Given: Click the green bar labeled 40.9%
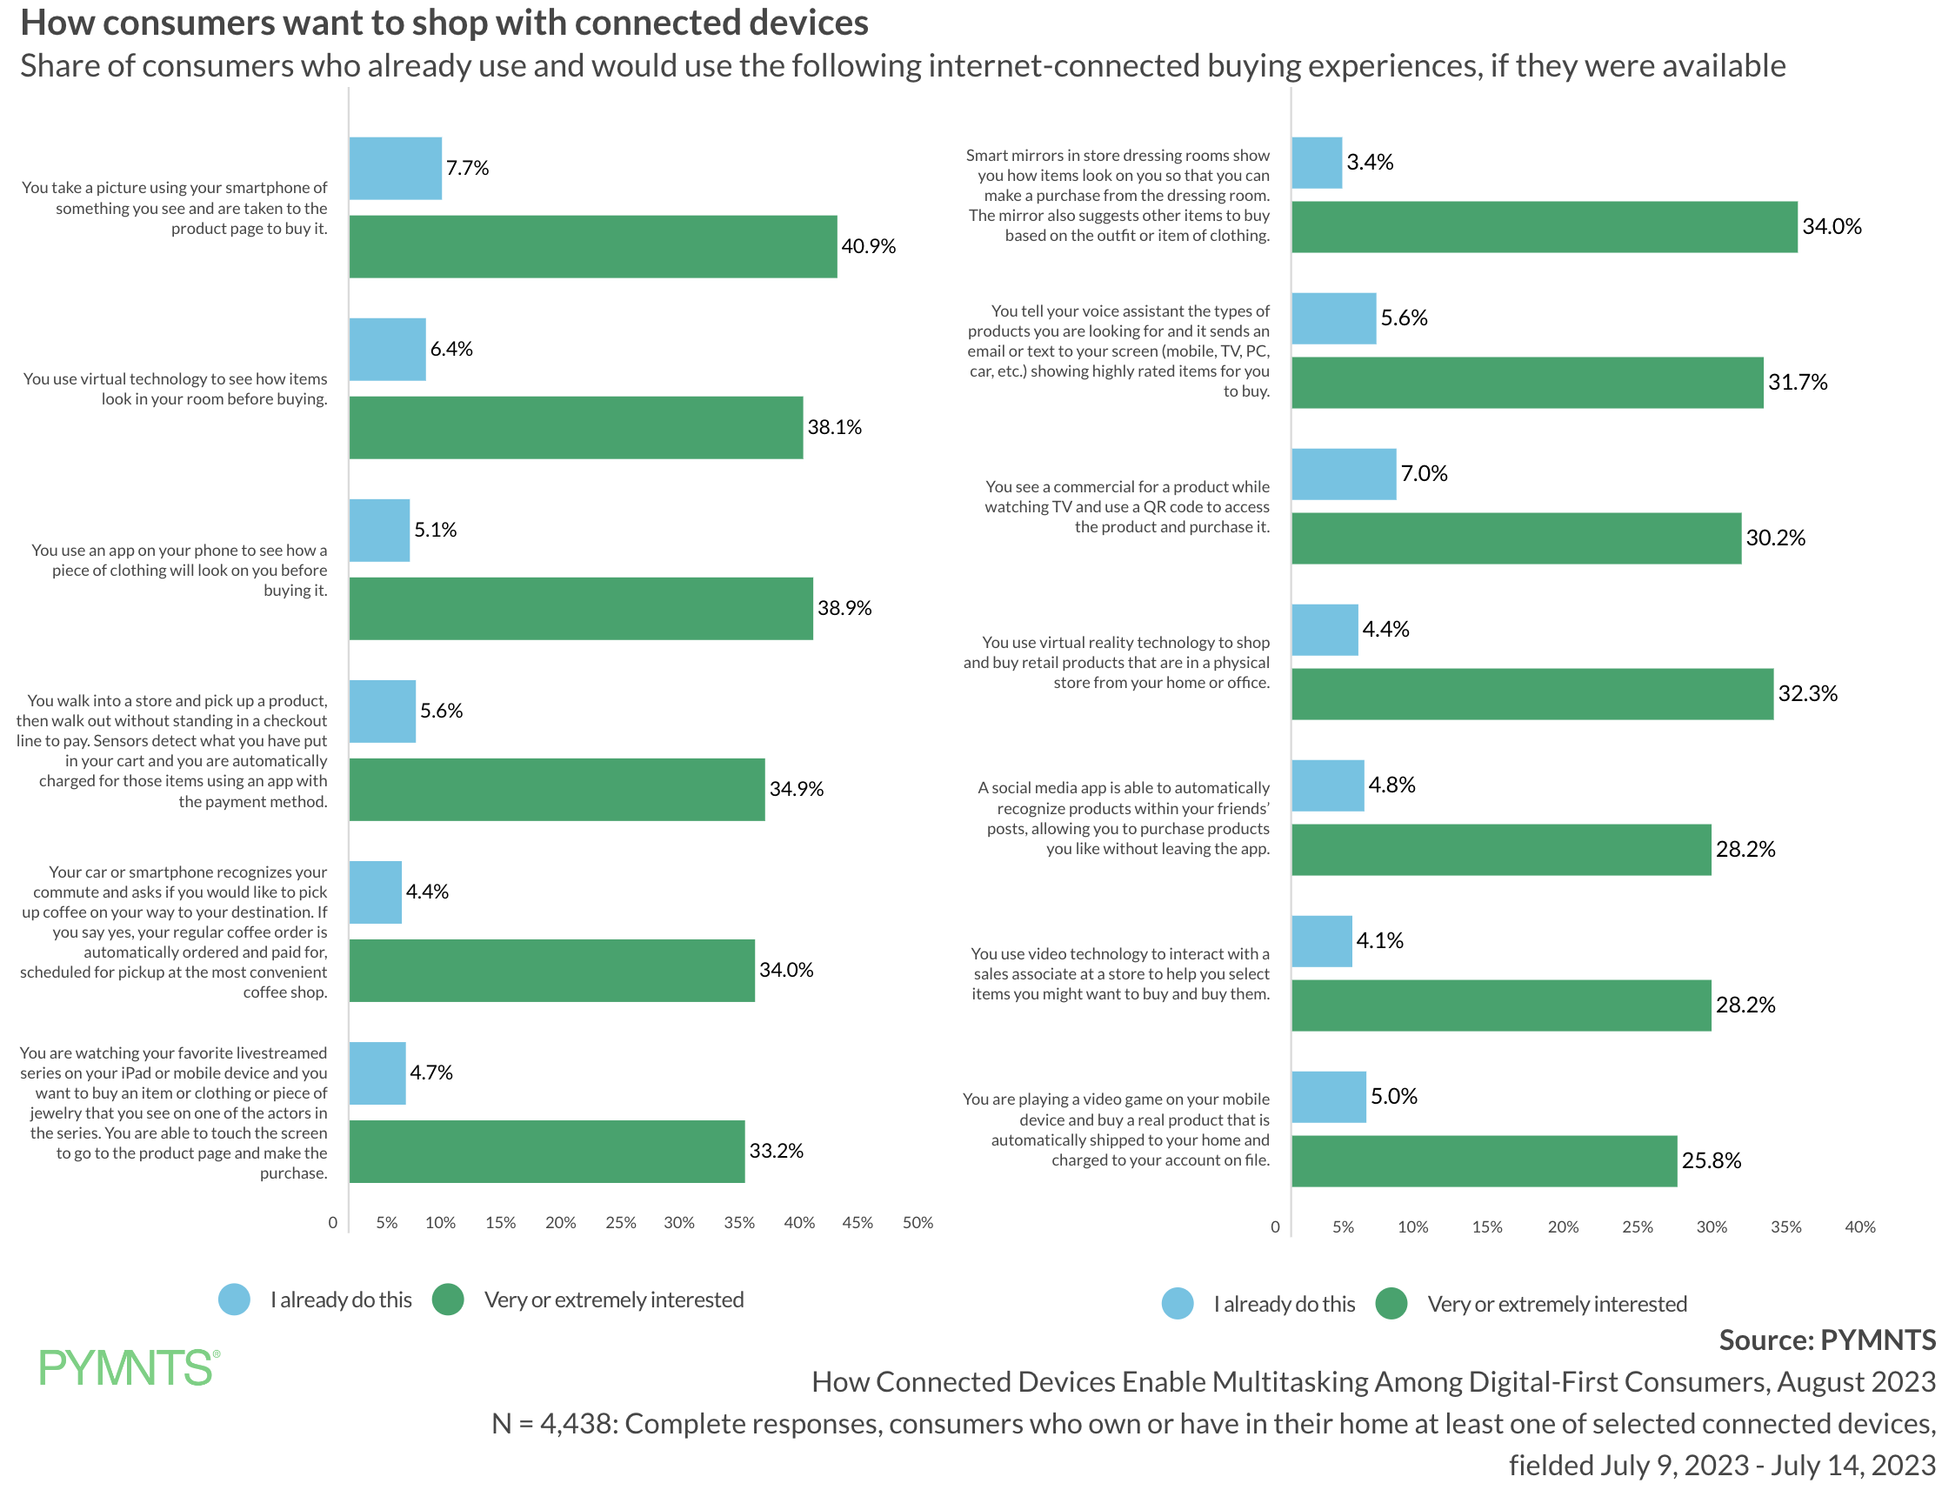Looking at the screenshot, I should pos(593,246).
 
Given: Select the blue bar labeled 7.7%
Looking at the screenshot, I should pos(396,168).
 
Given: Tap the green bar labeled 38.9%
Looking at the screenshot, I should pos(581,608).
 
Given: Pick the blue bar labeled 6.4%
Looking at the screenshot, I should pos(388,350).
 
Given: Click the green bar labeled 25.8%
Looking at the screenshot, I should pos(1484,1160).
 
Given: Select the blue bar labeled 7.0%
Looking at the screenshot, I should pos(1344,474).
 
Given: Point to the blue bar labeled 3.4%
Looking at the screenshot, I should pos(1317,163).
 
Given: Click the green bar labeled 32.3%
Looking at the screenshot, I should pos(1532,693).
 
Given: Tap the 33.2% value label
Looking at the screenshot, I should pos(777,1151).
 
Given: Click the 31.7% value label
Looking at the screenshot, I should pos(1797,383).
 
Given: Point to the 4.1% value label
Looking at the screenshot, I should pos(1379,941).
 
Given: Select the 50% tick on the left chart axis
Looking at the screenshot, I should pos(918,1223).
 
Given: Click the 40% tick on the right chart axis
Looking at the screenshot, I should pos(1859,1227).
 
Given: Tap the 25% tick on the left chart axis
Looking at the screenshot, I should pos(621,1223).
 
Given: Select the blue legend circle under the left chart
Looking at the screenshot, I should pos(235,1300).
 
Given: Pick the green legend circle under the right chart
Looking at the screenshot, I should pos(1391,1304).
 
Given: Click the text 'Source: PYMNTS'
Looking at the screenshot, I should pos(1826,1340).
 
